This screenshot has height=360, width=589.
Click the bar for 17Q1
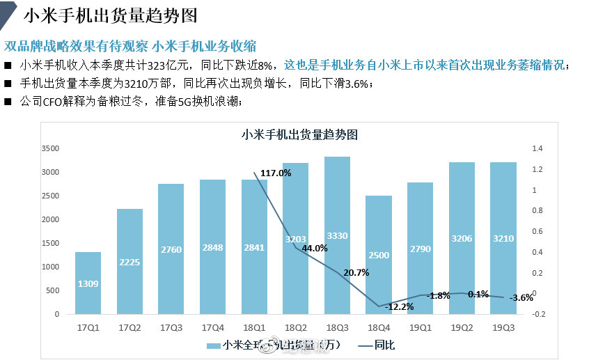tap(88, 283)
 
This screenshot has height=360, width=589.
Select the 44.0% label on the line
tap(315, 248)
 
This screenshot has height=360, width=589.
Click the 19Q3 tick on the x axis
tap(503, 326)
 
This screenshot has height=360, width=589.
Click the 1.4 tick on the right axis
tap(536, 149)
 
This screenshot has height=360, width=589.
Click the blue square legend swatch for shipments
tap(213, 345)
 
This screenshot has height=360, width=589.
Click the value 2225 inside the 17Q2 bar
tap(129, 262)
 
